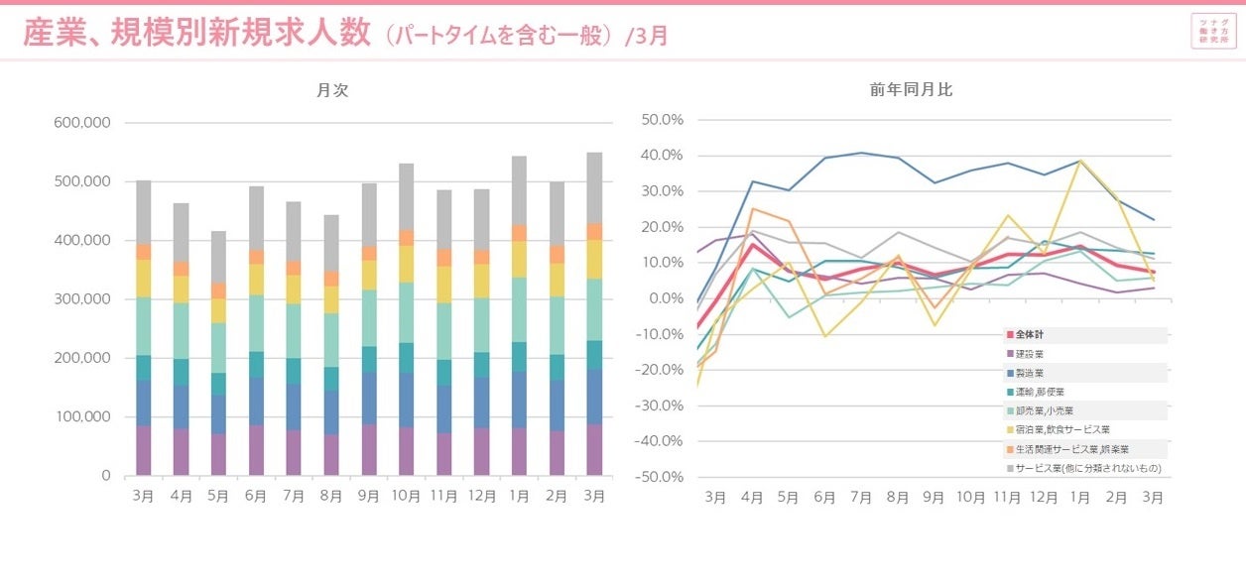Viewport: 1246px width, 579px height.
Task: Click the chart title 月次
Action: pos(332,90)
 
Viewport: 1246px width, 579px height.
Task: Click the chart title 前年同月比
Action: pos(911,90)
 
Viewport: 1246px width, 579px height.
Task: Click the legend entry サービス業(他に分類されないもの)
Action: pos(1083,467)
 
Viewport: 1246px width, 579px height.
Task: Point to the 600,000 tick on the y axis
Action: pos(83,123)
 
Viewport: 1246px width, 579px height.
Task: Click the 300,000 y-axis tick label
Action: pos(83,299)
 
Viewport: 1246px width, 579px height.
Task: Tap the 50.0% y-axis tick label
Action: pos(664,120)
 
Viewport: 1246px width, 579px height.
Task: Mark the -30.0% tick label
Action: pos(662,405)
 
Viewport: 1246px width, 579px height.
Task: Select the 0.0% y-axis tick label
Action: pos(667,298)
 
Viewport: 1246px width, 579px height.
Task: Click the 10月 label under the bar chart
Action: pos(406,496)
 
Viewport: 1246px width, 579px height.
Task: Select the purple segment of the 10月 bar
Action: pos(406,451)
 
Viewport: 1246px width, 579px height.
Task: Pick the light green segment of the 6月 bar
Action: pos(256,323)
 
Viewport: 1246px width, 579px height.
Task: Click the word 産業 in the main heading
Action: pos(53,33)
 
